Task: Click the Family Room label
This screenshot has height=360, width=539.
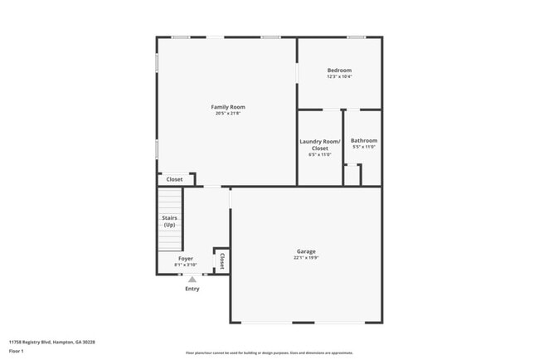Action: (x=227, y=107)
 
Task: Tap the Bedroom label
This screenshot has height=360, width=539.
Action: (x=339, y=71)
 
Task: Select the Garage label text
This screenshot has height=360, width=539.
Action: (x=306, y=251)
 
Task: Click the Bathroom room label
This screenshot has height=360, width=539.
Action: (x=363, y=141)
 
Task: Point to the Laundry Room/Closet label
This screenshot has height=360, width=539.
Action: (x=319, y=144)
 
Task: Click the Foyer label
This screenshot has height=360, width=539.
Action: (x=186, y=259)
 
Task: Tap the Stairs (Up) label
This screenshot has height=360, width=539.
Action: (x=169, y=221)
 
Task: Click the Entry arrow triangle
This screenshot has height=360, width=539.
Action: (x=192, y=280)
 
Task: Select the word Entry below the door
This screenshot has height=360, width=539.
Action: (x=192, y=289)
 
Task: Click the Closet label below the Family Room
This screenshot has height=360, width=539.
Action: (x=174, y=179)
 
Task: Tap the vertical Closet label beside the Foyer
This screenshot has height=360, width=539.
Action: (x=221, y=261)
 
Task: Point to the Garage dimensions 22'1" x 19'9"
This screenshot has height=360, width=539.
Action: (x=306, y=258)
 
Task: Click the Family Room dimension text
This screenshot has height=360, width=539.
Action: (x=227, y=114)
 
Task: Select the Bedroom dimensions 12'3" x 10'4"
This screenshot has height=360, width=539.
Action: (x=339, y=77)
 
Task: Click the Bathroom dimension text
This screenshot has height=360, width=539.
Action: (x=363, y=148)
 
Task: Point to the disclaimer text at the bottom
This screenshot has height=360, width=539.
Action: (x=269, y=353)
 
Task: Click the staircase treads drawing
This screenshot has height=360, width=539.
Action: (x=169, y=203)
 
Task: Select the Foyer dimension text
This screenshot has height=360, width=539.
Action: (x=186, y=265)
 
